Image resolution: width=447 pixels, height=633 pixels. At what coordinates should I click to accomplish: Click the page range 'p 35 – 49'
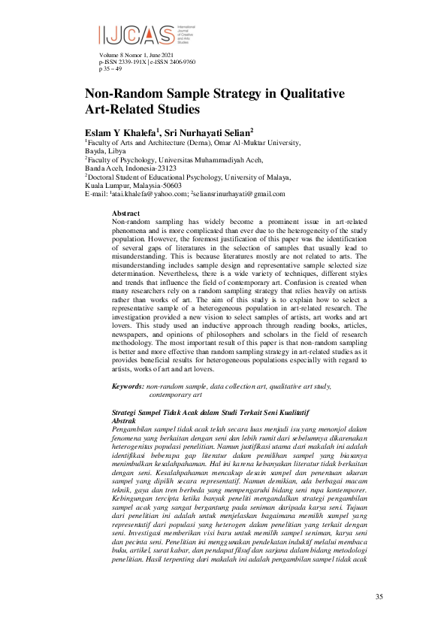tap(112, 68)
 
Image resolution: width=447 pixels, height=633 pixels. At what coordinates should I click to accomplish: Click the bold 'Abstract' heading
tap(125, 214)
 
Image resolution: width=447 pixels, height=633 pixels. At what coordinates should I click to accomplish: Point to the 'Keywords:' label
tap(128, 386)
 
